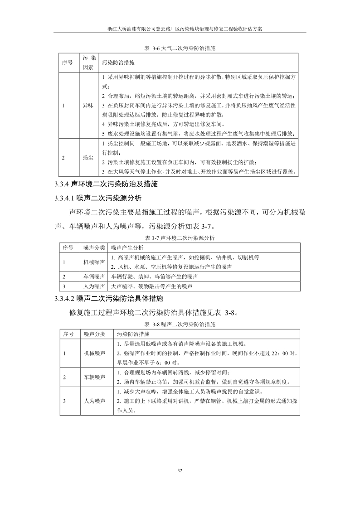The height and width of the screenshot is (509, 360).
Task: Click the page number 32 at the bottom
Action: (x=180, y=471)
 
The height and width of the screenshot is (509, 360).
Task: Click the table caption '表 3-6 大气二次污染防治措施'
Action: (x=180, y=48)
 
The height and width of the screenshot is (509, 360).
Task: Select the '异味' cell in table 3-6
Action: (x=88, y=105)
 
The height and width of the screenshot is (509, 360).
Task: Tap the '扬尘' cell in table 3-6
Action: (x=88, y=158)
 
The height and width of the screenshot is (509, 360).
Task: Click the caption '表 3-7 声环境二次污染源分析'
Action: (x=180, y=238)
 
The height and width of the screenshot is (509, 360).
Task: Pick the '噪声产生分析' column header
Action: (x=127, y=247)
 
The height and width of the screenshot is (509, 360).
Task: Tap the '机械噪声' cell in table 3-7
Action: (x=94, y=262)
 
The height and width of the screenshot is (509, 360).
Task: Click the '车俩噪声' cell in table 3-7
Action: (x=94, y=276)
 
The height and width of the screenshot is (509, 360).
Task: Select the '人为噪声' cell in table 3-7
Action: (x=94, y=286)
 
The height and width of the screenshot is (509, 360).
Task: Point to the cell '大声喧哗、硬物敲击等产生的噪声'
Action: (x=152, y=286)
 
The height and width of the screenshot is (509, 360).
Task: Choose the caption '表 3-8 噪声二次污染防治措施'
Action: (x=180, y=325)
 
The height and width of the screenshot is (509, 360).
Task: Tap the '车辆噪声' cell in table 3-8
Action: (x=94, y=377)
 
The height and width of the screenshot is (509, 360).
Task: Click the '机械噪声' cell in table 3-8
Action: (x=94, y=354)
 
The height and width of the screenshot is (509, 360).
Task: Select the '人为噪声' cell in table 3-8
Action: (x=94, y=401)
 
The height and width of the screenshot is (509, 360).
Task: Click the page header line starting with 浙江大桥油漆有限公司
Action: (x=180, y=28)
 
